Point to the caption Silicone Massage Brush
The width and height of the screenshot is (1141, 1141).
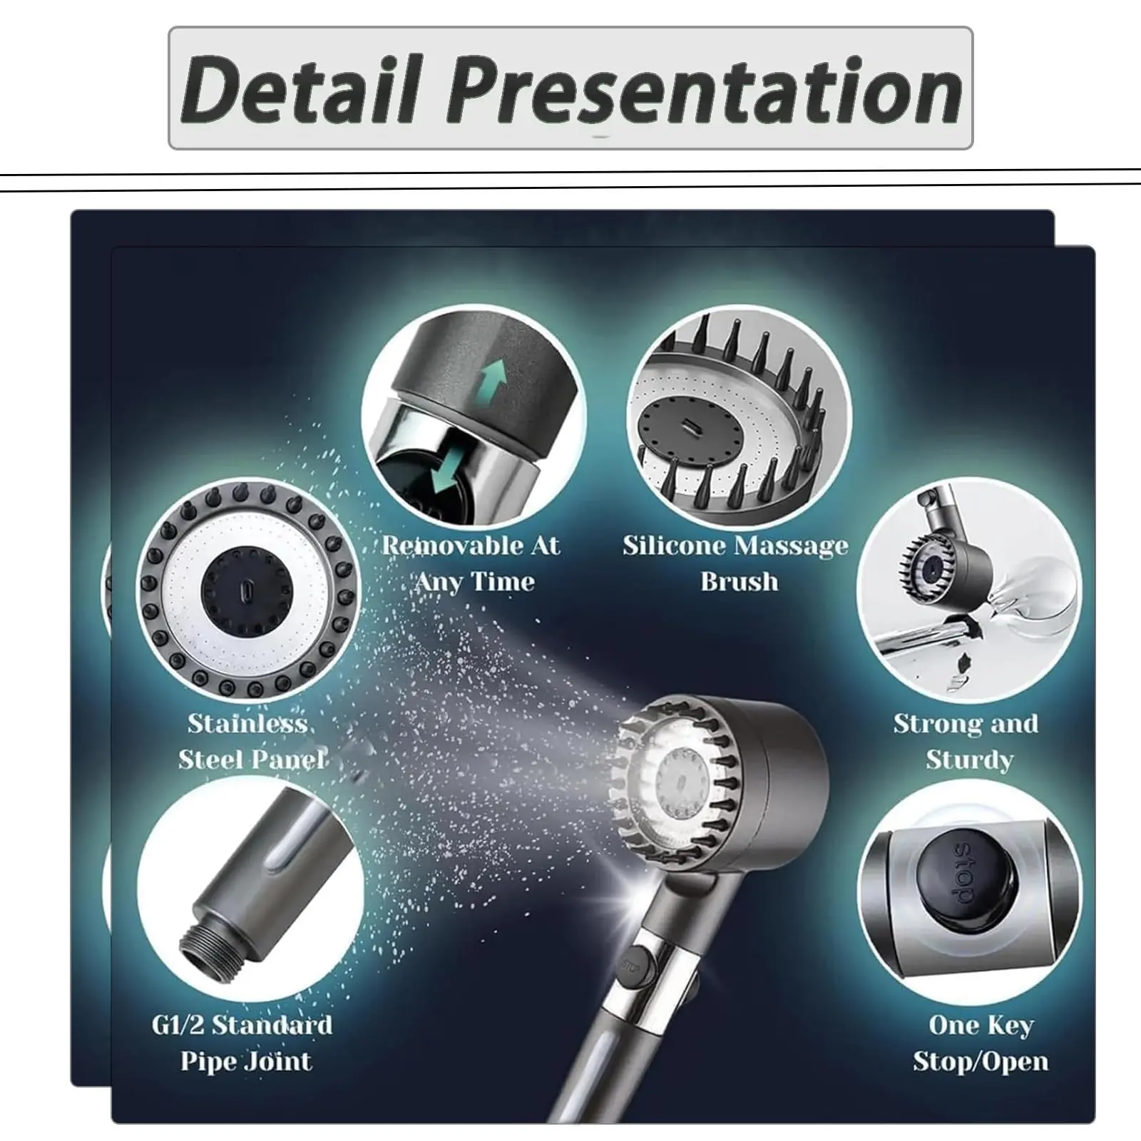(737, 563)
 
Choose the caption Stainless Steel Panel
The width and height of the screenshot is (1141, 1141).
(251, 742)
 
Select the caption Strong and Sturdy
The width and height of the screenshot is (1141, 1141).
(966, 742)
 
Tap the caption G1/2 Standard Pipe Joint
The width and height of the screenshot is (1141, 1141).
(243, 1043)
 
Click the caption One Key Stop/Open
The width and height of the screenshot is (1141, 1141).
(981, 1043)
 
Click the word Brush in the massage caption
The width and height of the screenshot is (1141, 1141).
(740, 582)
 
